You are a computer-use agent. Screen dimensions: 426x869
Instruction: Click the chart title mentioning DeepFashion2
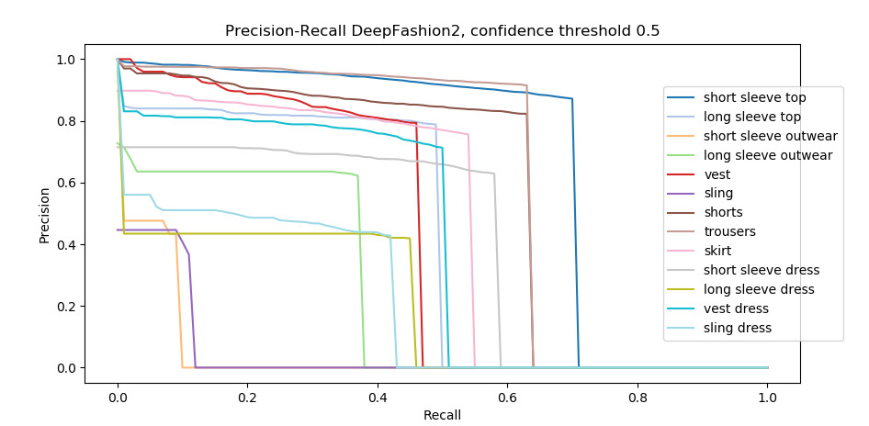tap(442, 31)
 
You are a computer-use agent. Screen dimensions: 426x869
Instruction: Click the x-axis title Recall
tap(442, 415)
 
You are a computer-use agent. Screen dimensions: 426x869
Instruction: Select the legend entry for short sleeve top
tap(760, 97)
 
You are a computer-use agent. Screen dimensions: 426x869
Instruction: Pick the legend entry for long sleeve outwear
tap(767, 155)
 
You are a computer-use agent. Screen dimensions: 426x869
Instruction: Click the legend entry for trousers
tap(732, 232)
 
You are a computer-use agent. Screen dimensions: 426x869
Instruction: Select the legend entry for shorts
tap(723, 213)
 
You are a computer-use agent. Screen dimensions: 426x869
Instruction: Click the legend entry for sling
tap(718, 194)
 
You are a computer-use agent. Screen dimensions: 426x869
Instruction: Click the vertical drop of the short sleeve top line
tap(576, 230)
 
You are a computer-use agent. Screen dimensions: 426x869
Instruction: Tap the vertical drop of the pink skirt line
tap(472, 248)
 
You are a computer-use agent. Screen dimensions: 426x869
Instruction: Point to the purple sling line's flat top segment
tap(147, 230)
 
